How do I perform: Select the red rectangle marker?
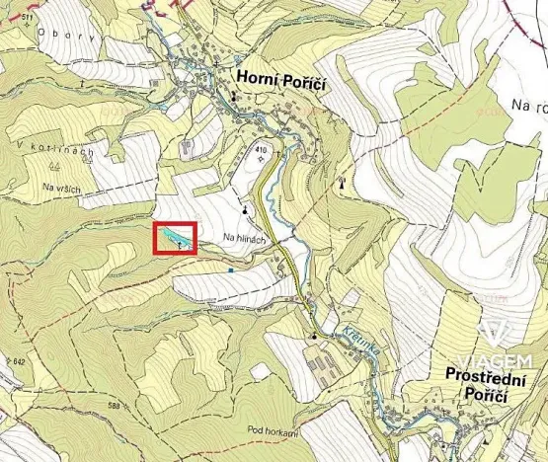tap(176, 240)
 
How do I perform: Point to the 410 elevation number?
tap(261, 149)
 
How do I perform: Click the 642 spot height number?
tap(14, 362)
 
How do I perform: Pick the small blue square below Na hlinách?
tap(230, 269)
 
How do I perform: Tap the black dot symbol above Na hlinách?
tap(245, 209)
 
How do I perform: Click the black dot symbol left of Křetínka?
tap(314, 337)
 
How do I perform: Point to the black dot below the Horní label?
tap(233, 97)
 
